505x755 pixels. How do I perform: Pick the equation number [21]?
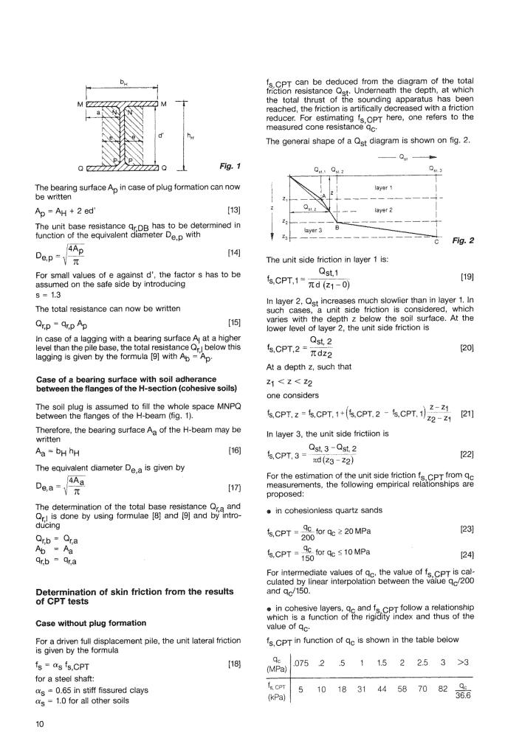tap(466, 436)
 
